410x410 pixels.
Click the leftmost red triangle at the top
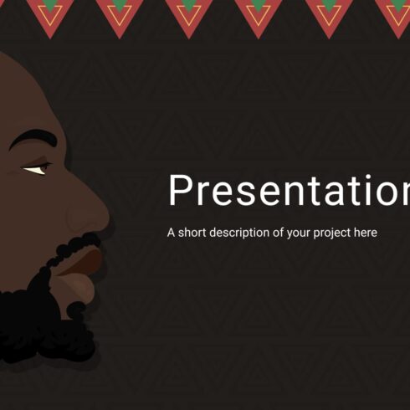click(x=49, y=13)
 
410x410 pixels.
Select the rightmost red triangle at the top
click(x=395, y=13)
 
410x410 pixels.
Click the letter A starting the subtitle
click(x=172, y=233)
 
